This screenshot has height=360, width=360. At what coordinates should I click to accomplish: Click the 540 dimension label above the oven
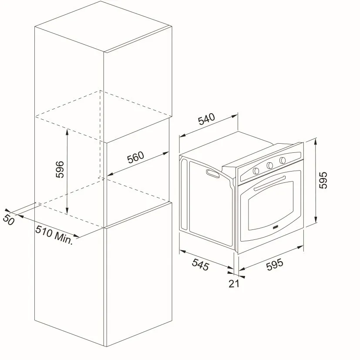point(207,119)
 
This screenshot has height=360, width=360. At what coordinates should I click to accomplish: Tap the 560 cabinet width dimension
point(135,157)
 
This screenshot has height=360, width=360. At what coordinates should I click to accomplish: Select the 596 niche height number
point(60,169)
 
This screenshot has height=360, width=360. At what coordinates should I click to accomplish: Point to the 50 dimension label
point(9,220)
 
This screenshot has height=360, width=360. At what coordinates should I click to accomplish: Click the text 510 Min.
point(54,235)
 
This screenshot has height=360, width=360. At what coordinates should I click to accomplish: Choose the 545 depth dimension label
point(201,265)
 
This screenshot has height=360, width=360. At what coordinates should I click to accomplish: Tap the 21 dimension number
point(234,284)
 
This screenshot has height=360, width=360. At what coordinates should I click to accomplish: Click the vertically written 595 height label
point(323,180)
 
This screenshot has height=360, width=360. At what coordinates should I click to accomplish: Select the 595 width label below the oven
point(275,265)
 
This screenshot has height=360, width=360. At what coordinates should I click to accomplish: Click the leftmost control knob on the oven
point(256,171)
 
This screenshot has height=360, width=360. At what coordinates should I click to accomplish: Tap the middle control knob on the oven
point(269,165)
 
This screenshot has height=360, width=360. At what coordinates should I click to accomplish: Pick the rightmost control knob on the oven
point(283,160)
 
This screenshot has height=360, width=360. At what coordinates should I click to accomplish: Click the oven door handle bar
point(270,183)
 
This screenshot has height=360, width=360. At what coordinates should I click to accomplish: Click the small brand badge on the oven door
point(275,227)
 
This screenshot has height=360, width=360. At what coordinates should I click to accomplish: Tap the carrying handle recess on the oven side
point(213,173)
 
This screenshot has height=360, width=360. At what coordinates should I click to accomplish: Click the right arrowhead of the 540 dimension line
point(235,116)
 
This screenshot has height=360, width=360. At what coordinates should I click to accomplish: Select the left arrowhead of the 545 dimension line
point(182,252)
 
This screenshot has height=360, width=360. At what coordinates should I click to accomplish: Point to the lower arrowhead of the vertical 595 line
point(316,219)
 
